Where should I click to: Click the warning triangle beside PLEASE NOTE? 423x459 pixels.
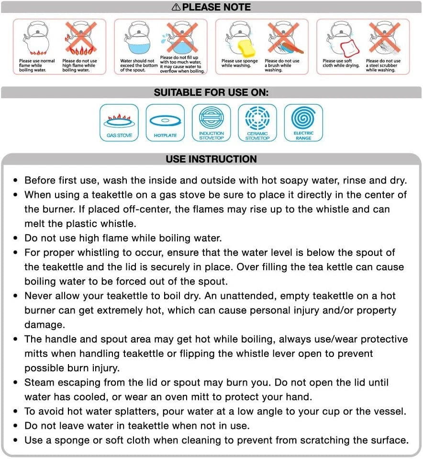[x=176, y=7]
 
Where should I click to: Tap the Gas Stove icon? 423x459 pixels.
[x=119, y=123]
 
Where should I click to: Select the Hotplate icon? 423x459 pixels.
[x=165, y=123]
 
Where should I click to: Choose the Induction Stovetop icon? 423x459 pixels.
[x=211, y=123]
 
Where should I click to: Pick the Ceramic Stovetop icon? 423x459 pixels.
[x=257, y=123]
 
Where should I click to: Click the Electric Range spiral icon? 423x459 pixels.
[x=303, y=123]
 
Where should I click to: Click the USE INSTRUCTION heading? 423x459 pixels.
[x=211, y=159]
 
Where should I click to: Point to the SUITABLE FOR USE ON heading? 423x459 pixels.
[x=211, y=93]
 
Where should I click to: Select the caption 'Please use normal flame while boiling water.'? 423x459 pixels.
[x=37, y=66]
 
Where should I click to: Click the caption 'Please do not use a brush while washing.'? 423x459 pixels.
[x=282, y=66]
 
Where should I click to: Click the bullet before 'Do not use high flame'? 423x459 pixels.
[x=16, y=238]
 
